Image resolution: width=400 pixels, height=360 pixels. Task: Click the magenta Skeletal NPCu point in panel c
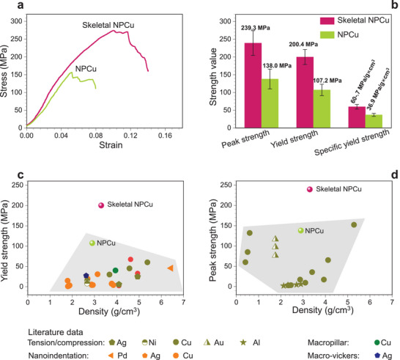click(x=101, y=205)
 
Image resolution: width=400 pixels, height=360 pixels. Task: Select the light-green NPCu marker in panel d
click(x=301, y=230)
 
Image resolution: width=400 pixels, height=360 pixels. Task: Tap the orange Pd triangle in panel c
click(x=171, y=268)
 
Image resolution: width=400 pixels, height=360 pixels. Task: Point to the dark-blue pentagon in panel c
click(x=86, y=276)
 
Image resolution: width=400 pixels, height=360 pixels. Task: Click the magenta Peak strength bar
click(x=253, y=85)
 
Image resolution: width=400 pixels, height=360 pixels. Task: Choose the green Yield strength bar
click(x=322, y=109)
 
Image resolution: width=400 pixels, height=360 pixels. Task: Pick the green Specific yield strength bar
click(x=374, y=121)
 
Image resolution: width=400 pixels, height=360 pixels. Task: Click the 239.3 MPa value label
click(x=256, y=28)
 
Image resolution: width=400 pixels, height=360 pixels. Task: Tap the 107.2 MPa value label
click(x=327, y=81)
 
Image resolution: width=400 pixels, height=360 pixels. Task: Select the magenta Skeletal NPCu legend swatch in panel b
click(x=327, y=21)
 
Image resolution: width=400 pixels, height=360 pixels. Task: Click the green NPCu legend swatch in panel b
click(x=327, y=35)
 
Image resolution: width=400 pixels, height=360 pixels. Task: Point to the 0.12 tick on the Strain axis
click(x=130, y=136)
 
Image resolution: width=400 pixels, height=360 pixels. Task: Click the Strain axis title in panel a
click(x=111, y=145)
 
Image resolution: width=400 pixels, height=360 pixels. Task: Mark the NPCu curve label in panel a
click(x=86, y=69)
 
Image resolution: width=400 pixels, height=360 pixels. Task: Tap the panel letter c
click(x=21, y=175)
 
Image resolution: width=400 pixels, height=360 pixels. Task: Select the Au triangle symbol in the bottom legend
click(x=207, y=342)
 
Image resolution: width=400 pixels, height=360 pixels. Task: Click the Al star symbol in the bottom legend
click(x=244, y=342)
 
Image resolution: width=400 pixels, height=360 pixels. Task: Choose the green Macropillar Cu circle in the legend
click(x=377, y=342)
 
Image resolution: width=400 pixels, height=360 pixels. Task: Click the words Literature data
click(x=56, y=332)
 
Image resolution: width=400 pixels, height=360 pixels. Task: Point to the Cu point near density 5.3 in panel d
click(x=354, y=224)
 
